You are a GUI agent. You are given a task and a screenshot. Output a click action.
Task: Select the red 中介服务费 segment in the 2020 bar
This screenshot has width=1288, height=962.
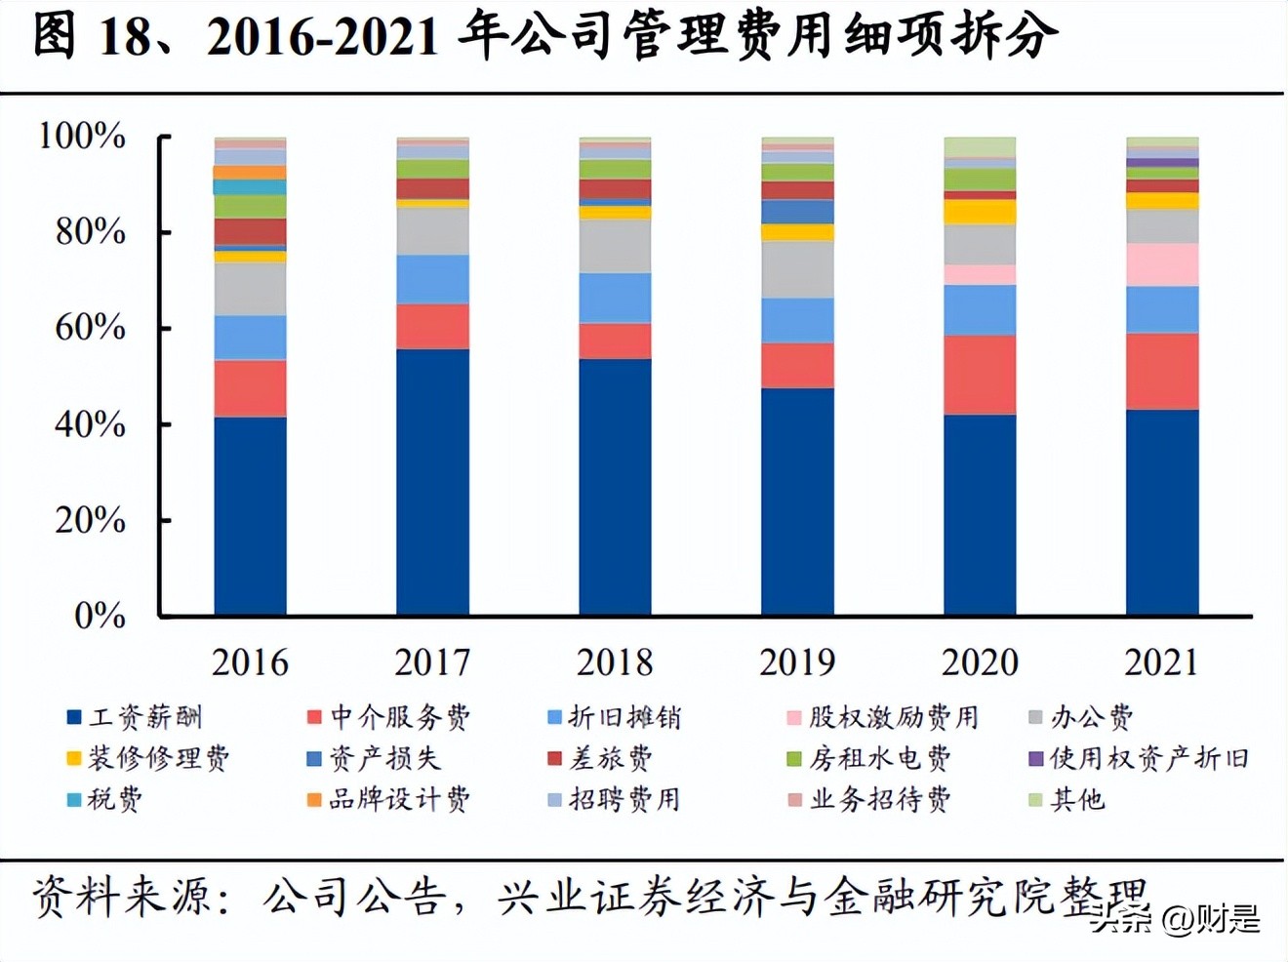pyautogui.click(x=980, y=375)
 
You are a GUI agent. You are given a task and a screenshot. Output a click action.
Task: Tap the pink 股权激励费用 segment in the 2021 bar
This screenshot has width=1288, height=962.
pyautogui.click(x=1162, y=264)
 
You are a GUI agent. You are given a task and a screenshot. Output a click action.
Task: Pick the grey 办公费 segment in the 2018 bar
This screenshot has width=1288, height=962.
pyautogui.click(x=615, y=246)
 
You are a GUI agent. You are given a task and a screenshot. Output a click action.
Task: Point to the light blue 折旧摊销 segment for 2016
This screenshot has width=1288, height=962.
pyautogui.click(x=250, y=338)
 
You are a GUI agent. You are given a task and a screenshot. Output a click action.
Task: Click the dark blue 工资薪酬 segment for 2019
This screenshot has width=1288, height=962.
pyautogui.click(x=797, y=501)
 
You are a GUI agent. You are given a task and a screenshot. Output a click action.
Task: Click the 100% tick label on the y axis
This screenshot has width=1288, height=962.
pyautogui.click(x=82, y=136)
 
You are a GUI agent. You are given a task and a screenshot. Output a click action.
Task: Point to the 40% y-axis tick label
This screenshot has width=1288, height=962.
pyautogui.click(x=90, y=424)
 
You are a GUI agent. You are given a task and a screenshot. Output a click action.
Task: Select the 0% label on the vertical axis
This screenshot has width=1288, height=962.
pyautogui.click(x=100, y=616)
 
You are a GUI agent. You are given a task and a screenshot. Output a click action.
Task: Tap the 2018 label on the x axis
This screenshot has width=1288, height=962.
pyautogui.click(x=615, y=662)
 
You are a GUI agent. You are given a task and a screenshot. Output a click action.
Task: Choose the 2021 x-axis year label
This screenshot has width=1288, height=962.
pyautogui.click(x=1161, y=662)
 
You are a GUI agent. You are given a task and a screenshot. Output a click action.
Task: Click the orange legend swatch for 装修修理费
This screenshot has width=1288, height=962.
pyautogui.click(x=73, y=759)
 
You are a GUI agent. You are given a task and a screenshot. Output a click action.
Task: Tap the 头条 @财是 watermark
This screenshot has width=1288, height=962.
pyautogui.click(x=1176, y=919)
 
